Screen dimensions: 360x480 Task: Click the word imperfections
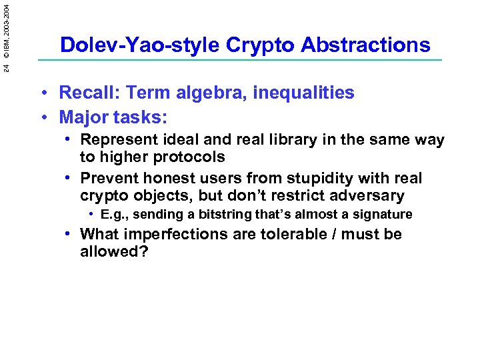point(179,235)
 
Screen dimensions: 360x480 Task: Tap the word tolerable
point(303,234)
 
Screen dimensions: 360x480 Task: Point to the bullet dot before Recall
point(43,93)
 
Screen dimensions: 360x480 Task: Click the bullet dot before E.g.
point(91,215)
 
